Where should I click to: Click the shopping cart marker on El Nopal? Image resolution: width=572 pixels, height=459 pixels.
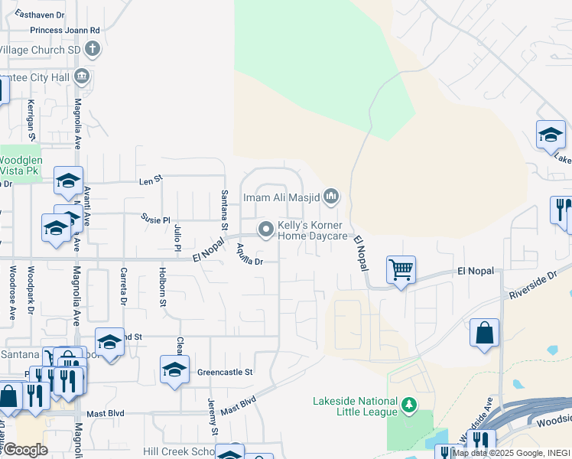click(401, 270)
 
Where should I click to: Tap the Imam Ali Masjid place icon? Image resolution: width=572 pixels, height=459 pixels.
click(331, 197)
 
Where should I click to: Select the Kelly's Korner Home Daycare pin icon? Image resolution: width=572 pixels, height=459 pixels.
click(266, 229)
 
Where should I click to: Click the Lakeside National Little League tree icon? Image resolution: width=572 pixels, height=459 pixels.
click(410, 404)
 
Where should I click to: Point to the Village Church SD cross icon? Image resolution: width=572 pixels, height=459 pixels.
click(93, 50)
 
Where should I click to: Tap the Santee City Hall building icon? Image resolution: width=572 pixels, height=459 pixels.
click(83, 76)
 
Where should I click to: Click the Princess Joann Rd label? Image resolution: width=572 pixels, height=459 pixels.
click(65, 31)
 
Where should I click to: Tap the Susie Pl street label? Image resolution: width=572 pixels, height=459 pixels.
click(155, 220)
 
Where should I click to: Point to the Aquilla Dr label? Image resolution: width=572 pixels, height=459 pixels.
click(249, 254)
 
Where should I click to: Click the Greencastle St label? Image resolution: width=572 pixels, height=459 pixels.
click(225, 373)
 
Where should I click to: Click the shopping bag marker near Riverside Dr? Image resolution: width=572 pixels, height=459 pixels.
click(484, 334)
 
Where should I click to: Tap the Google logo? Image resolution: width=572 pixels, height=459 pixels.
click(24, 450)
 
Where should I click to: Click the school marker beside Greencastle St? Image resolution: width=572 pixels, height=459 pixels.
click(174, 370)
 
